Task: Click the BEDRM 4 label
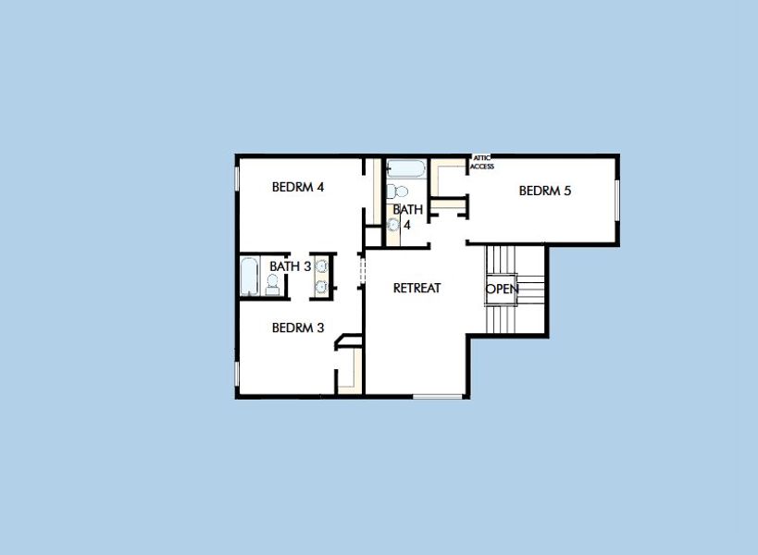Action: (x=297, y=187)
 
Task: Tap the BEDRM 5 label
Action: (x=545, y=191)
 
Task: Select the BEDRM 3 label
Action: (x=297, y=327)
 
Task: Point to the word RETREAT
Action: (x=416, y=288)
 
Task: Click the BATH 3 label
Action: (x=290, y=266)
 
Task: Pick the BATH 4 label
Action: (x=407, y=216)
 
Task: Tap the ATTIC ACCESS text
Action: (x=483, y=163)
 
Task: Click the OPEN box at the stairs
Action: (x=502, y=289)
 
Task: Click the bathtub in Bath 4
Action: (x=404, y=169)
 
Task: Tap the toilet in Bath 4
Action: (x=399, y=191)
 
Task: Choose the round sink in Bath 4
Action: (x=392, y=223)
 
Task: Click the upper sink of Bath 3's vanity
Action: (x=321, y=266)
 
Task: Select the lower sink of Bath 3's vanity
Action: (x=321, y=286)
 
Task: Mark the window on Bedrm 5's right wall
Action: (x=616, y=200)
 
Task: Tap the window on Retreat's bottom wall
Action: (x=437, y=397)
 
